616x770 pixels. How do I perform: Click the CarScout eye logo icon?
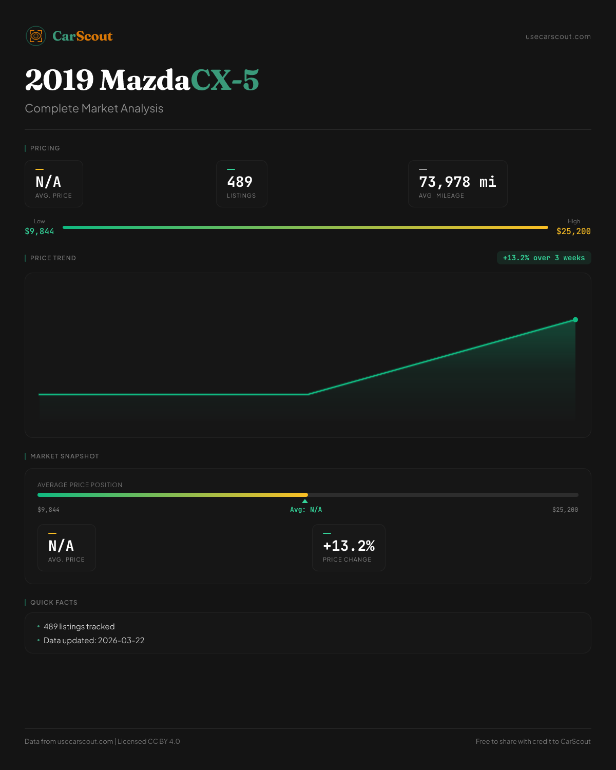pyautogui.click(x=36, y=36)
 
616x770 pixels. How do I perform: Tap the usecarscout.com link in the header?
pyautogui.click(x=558, y=36)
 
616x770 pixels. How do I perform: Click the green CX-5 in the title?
pyautogui.click(x=225, y=80)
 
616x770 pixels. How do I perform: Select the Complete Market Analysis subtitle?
pyautogui.click(x=94, y=109)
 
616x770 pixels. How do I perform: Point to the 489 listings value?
pyautogui.click(x=240, y=182)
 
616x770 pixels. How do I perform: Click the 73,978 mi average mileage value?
pyautogui.click(x=457, y=182)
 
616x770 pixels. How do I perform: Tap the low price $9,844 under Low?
pyautogui.click(x=40, y=232)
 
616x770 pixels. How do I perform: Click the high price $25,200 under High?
pyautogui.click(x=573, y=232)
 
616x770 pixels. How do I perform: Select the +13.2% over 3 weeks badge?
pyautogui.click(x=544, y=258)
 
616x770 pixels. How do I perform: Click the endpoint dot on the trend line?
pyautogui.click(x=575, y=320)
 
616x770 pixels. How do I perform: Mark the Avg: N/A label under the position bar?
pyautogui.click(x=306, y=510)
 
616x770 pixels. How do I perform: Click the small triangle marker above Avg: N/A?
pyautogui.click(x=305, y=501)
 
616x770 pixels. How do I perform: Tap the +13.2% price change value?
pyautogui.click(x=349, y=546)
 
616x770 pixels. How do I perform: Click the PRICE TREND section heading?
pyautogui.click(x=53, y=258)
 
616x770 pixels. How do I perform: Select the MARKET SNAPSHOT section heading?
pyautogui.click(x=64, y=456)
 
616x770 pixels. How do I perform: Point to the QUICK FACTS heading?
pyautogui.click(x=53, y=603)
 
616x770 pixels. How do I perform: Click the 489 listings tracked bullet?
pyautogui.click(x=79, y=627)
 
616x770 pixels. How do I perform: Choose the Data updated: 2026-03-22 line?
pyautogui.click(x=94, y=641)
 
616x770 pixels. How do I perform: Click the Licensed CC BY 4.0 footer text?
pyautogui.click(x=149, y=741)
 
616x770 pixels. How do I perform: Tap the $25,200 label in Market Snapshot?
pyautogui.click(x=565, y=510)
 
